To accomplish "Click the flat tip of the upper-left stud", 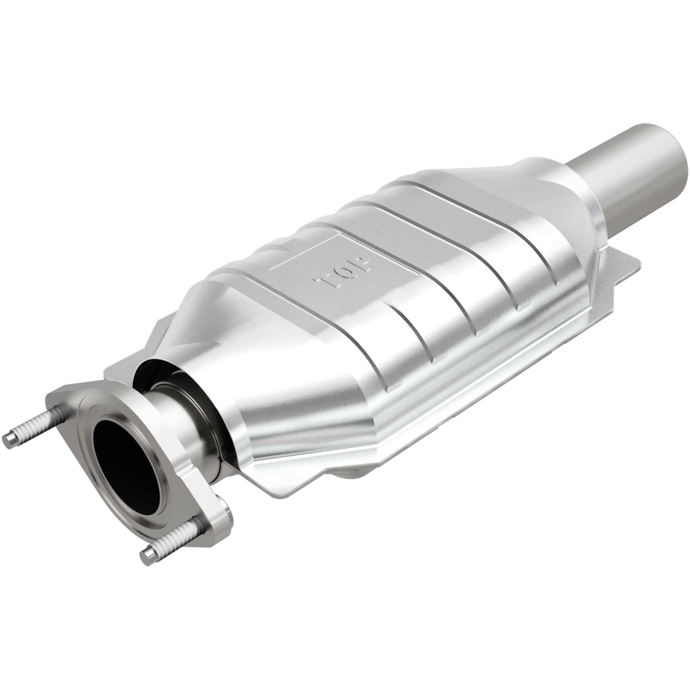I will (7, 440).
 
